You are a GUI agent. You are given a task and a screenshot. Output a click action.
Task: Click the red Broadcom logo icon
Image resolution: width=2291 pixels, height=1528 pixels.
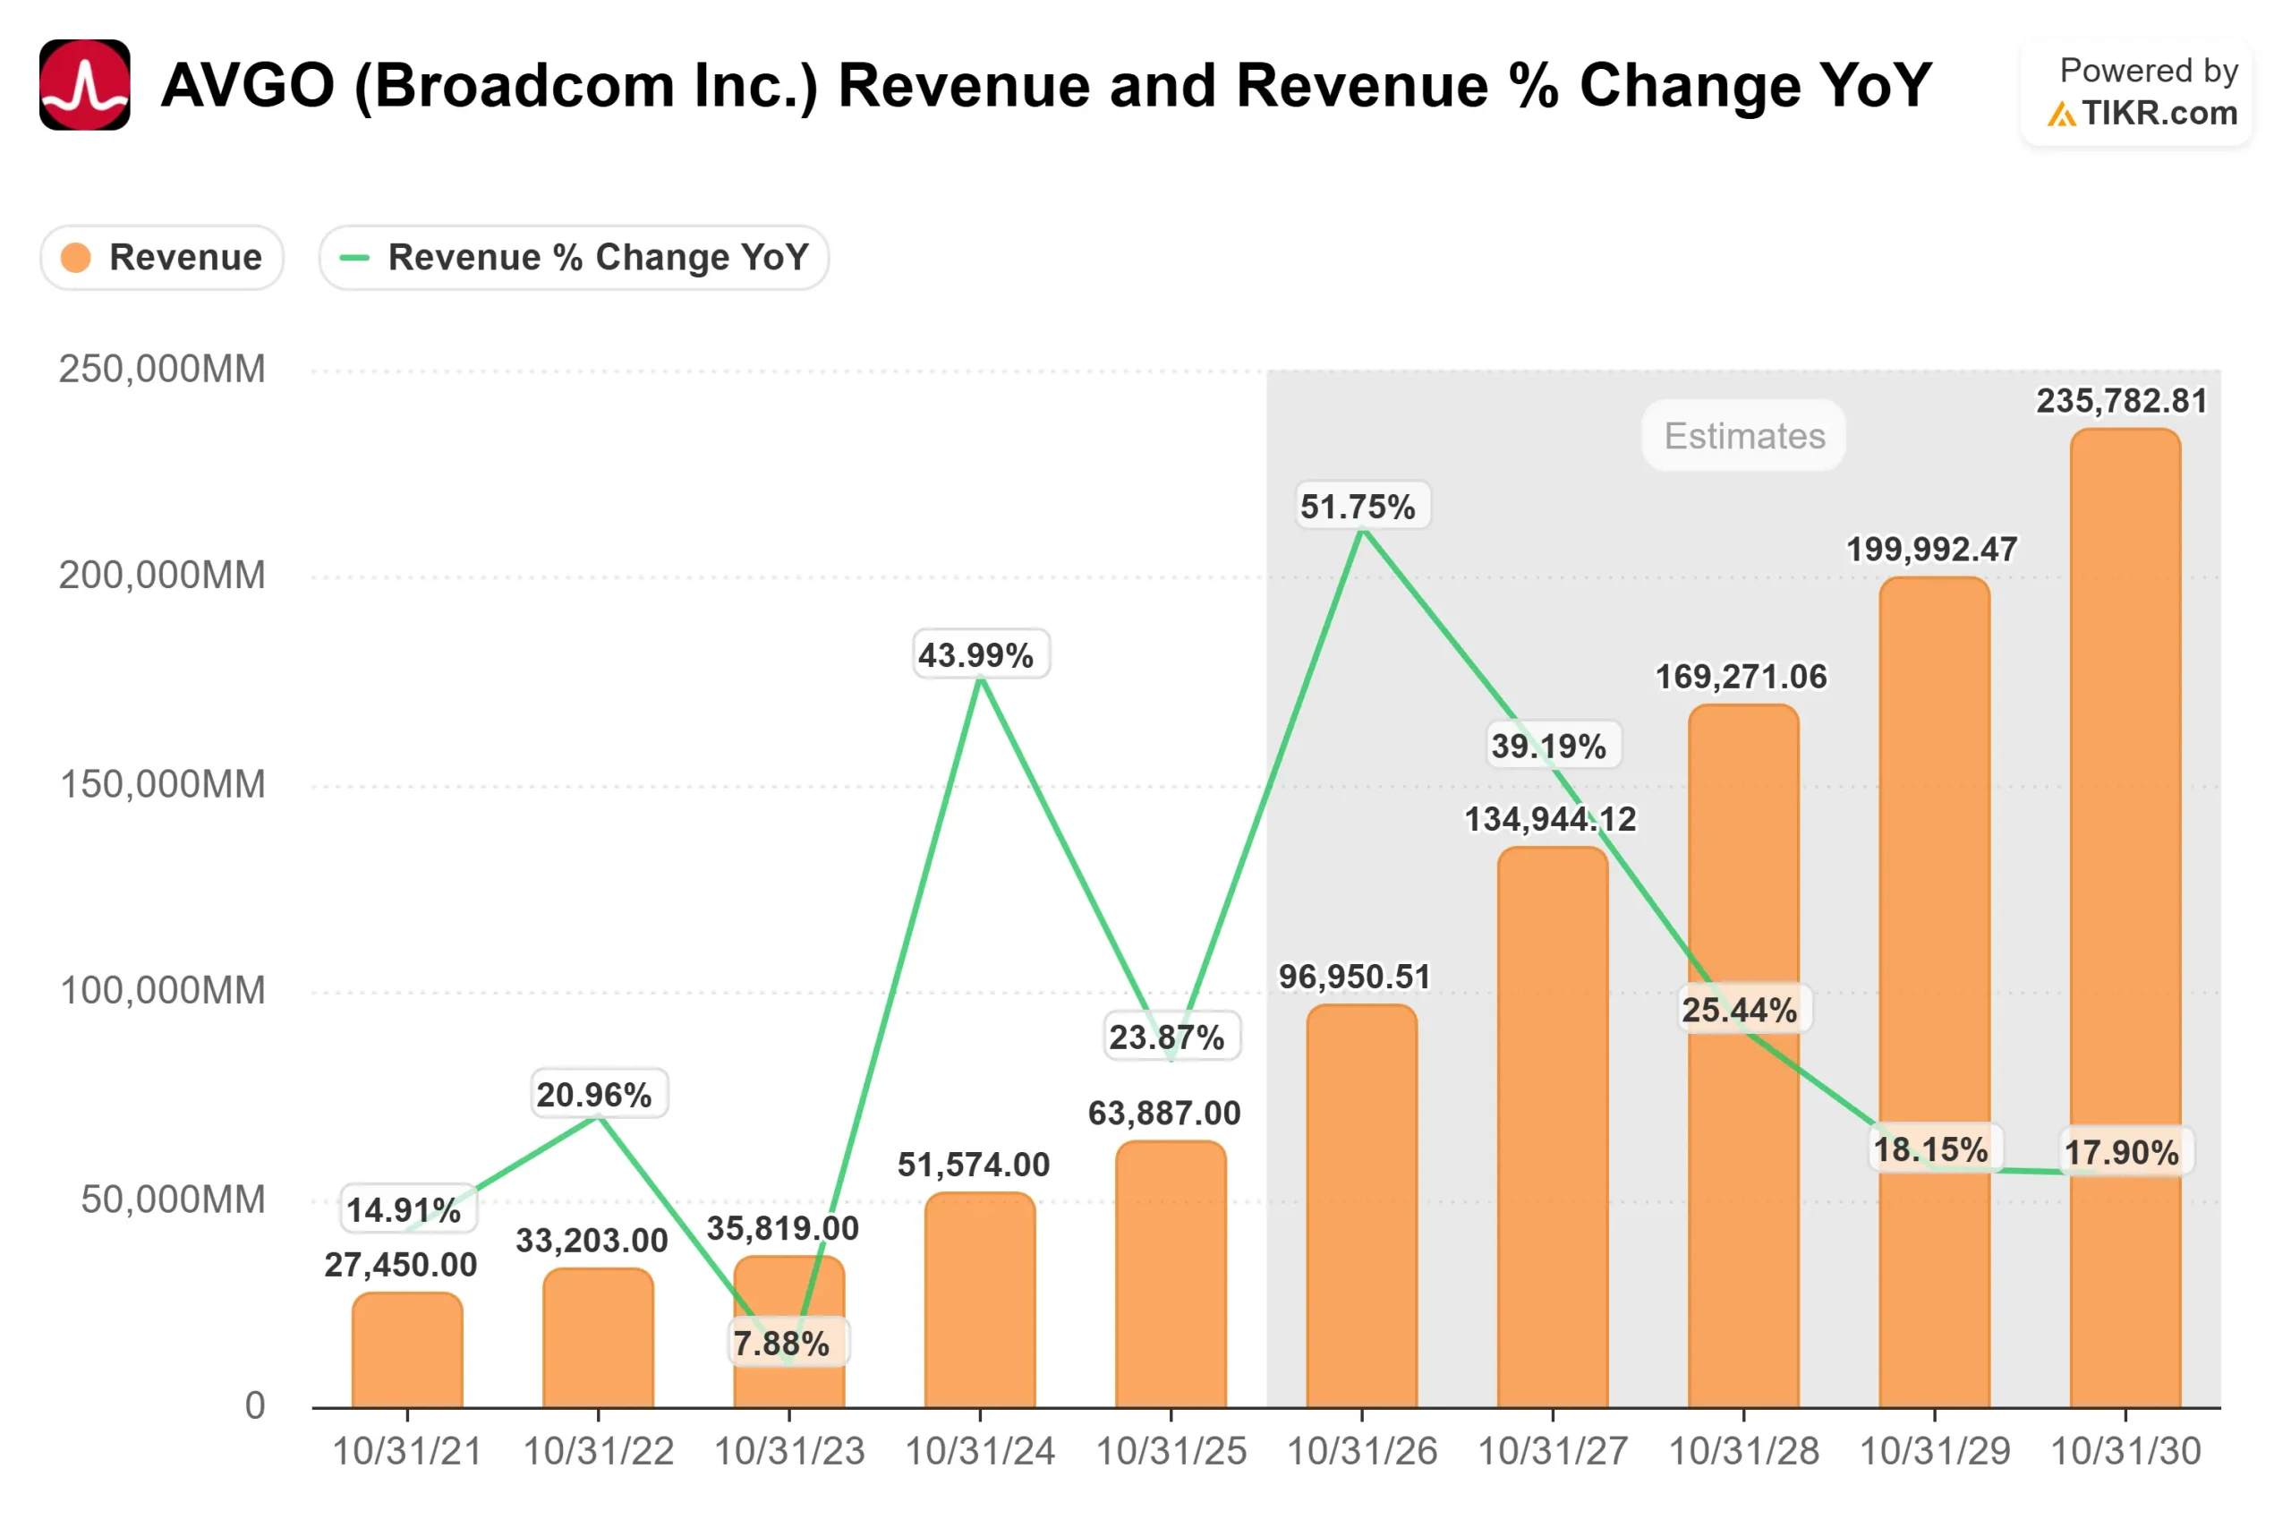pos(85,85)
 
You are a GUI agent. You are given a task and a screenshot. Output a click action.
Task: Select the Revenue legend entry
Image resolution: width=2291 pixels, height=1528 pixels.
pos(162,257)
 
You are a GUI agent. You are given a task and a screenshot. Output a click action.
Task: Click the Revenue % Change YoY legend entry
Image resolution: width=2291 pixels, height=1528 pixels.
pos(574,257)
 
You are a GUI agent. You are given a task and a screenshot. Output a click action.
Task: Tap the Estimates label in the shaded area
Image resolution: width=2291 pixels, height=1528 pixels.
pos(1743,436)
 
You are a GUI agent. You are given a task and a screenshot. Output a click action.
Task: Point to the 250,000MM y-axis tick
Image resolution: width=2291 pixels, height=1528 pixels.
pos(162,370)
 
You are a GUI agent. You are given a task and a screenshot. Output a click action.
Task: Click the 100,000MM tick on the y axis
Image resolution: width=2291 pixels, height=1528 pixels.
pos(162,990)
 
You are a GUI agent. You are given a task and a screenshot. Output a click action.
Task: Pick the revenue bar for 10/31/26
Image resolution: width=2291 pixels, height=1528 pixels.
pos(1362,1208)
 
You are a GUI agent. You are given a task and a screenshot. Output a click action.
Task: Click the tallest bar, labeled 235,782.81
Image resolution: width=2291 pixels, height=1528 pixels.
pos(2125,916)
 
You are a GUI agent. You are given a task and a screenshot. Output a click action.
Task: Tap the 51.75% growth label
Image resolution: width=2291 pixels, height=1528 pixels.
pos(1362,506)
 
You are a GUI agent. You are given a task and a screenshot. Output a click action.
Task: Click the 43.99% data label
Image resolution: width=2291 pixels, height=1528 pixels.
pos(980,655)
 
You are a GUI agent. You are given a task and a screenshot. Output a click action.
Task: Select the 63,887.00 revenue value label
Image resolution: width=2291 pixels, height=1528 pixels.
pos(1164,1113)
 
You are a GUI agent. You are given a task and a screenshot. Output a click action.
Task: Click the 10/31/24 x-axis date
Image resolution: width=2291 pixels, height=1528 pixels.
pos(980,1452)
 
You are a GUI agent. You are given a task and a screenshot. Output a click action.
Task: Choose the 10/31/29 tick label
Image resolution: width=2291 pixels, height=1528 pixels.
pos(1935,1452)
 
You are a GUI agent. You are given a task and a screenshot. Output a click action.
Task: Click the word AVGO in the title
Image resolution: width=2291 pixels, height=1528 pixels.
pos(249,85)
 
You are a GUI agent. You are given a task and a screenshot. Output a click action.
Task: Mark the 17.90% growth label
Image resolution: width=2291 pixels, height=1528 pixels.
pos(2125,1152)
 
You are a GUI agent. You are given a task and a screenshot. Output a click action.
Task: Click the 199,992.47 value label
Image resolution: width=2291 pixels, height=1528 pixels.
pos(1931,549)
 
